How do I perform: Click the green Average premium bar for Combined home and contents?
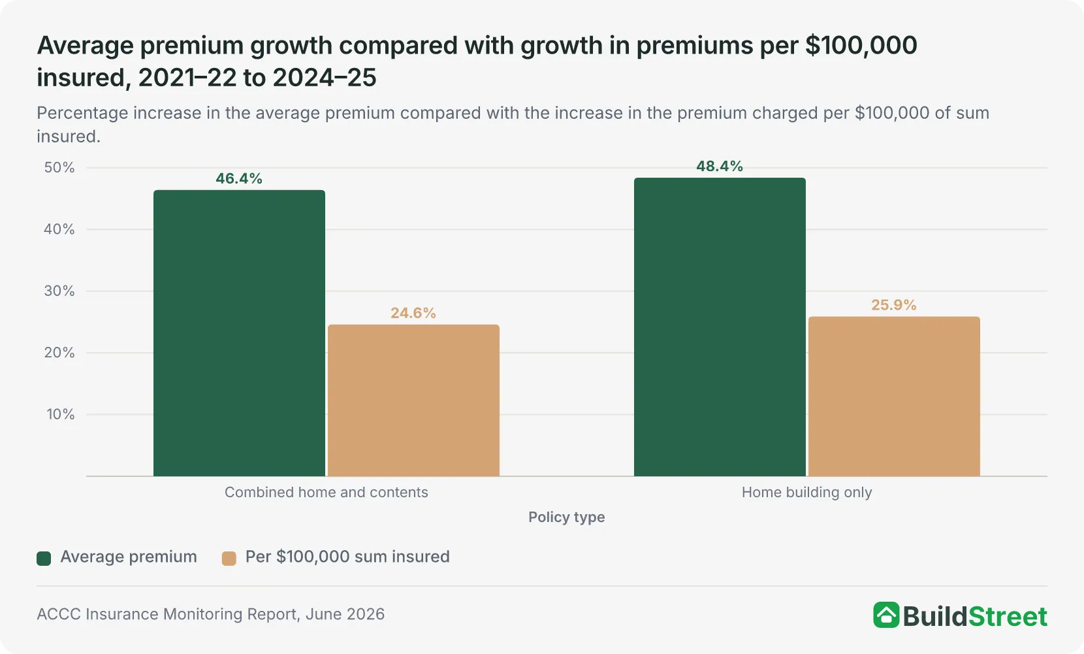point(239,333)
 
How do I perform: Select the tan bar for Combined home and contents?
point(413,401)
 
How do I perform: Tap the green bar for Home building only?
point(720,327)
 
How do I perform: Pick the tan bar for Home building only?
point(894,397)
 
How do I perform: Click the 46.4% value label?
point(239,178)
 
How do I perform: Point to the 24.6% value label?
point(413,313)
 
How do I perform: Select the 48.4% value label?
point(720,167)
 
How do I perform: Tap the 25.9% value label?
point(894,305)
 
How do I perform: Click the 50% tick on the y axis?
point(59,167)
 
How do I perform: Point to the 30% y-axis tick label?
point(59,291)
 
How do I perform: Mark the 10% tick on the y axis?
point(61,414)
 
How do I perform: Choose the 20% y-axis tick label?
point(59,352)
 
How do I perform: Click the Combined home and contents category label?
point(326,493)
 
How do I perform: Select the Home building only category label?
point(806,493)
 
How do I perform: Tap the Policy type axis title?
point(567,517)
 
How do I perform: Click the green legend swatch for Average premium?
point(44,558)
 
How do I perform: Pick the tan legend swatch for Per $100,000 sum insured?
point(229,558)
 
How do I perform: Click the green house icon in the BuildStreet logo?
point(886,615)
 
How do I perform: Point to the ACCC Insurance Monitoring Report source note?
point(210,614)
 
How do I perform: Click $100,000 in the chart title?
point(861,46)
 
